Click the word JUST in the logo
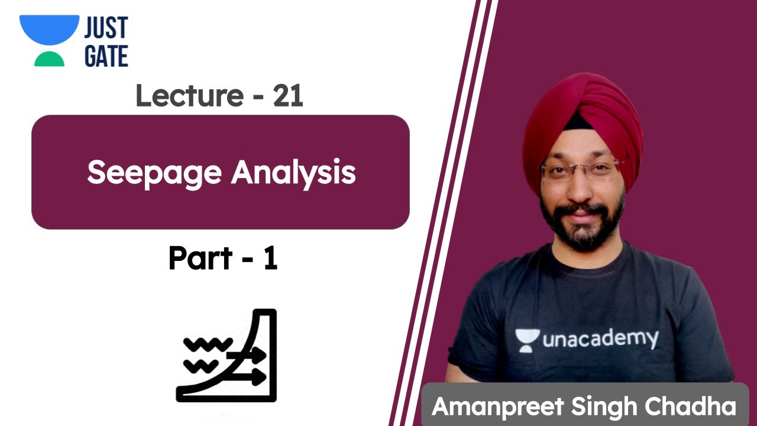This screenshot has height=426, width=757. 106,28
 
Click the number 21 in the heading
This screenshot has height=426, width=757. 288,95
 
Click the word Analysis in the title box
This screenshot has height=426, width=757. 293,173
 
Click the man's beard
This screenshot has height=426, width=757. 582,228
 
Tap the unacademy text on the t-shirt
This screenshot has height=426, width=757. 599,340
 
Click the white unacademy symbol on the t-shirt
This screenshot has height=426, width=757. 526,340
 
